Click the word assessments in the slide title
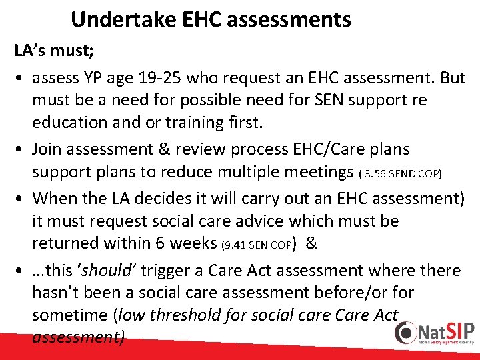coord(289,20)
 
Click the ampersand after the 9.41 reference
coord(311,243)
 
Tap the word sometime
coord(67,315)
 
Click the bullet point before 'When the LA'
coord(20,198)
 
